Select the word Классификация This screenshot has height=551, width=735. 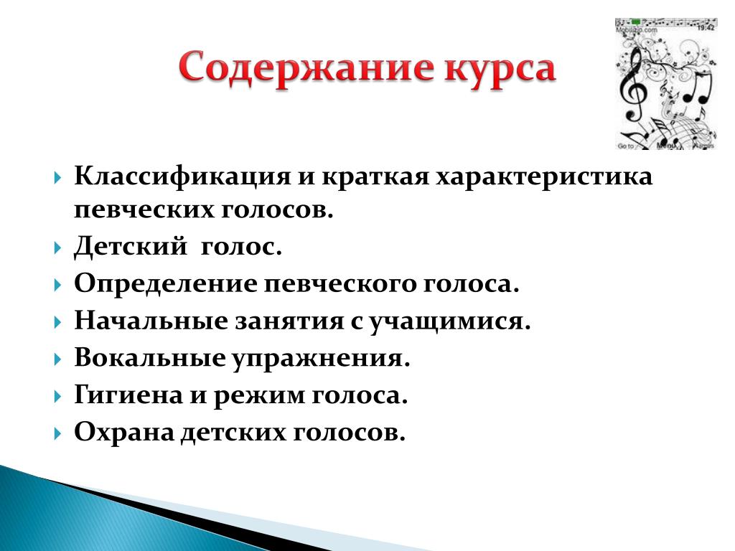(182, 178)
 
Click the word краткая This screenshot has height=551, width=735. (375, 178)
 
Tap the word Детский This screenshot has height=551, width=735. (131, 245)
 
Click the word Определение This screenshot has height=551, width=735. (166, 284)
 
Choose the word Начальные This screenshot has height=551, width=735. (151, 321)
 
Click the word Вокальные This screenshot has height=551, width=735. (149, 359)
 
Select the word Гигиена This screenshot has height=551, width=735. (128, 395)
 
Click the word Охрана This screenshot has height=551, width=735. (124, 432)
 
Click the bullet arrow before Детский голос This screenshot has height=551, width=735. (57, 247)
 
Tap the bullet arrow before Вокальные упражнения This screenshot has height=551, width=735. (57, 359)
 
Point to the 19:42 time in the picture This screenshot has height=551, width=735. (706, 28)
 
